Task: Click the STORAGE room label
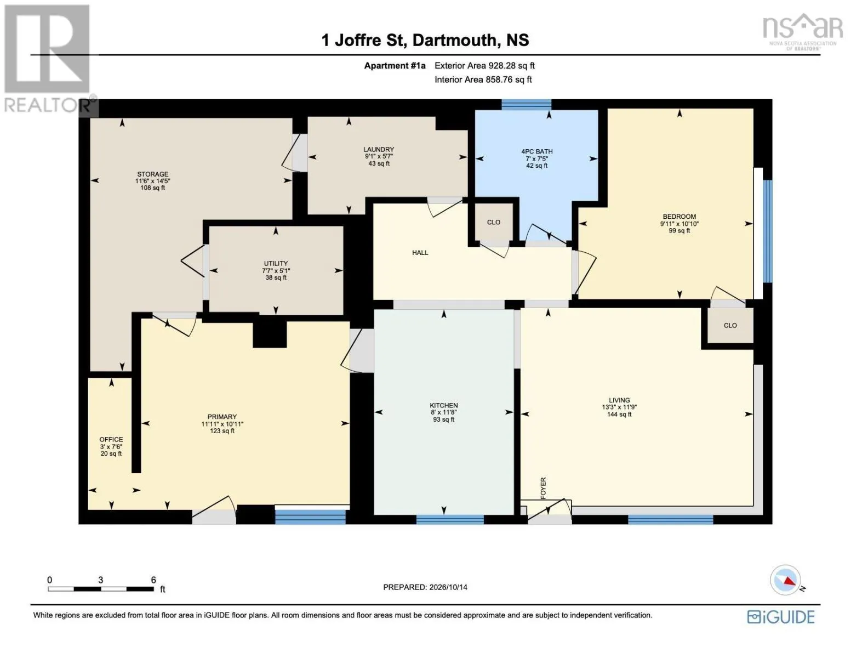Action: click(153, 174)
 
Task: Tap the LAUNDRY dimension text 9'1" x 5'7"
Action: click(378, 156)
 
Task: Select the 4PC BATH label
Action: click(537, 151)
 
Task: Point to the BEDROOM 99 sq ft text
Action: click(679, 231)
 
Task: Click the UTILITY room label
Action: click(276, 263)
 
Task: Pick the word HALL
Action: click(420, 253)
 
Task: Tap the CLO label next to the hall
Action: click(493, 222)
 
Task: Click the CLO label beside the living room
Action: click(730, 325)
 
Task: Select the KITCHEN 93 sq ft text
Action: click(444, 419)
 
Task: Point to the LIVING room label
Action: click(619, 400)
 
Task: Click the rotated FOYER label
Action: click(543, 488)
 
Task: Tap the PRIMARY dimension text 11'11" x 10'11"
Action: click(222, 424)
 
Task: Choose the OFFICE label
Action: click(111, 439)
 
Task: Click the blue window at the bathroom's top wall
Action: click(527, 104)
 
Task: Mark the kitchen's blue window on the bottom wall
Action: click(450, 519)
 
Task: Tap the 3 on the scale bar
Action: click(101, 580)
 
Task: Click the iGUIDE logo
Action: click(781, 617)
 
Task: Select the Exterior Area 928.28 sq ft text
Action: click(484, 66)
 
